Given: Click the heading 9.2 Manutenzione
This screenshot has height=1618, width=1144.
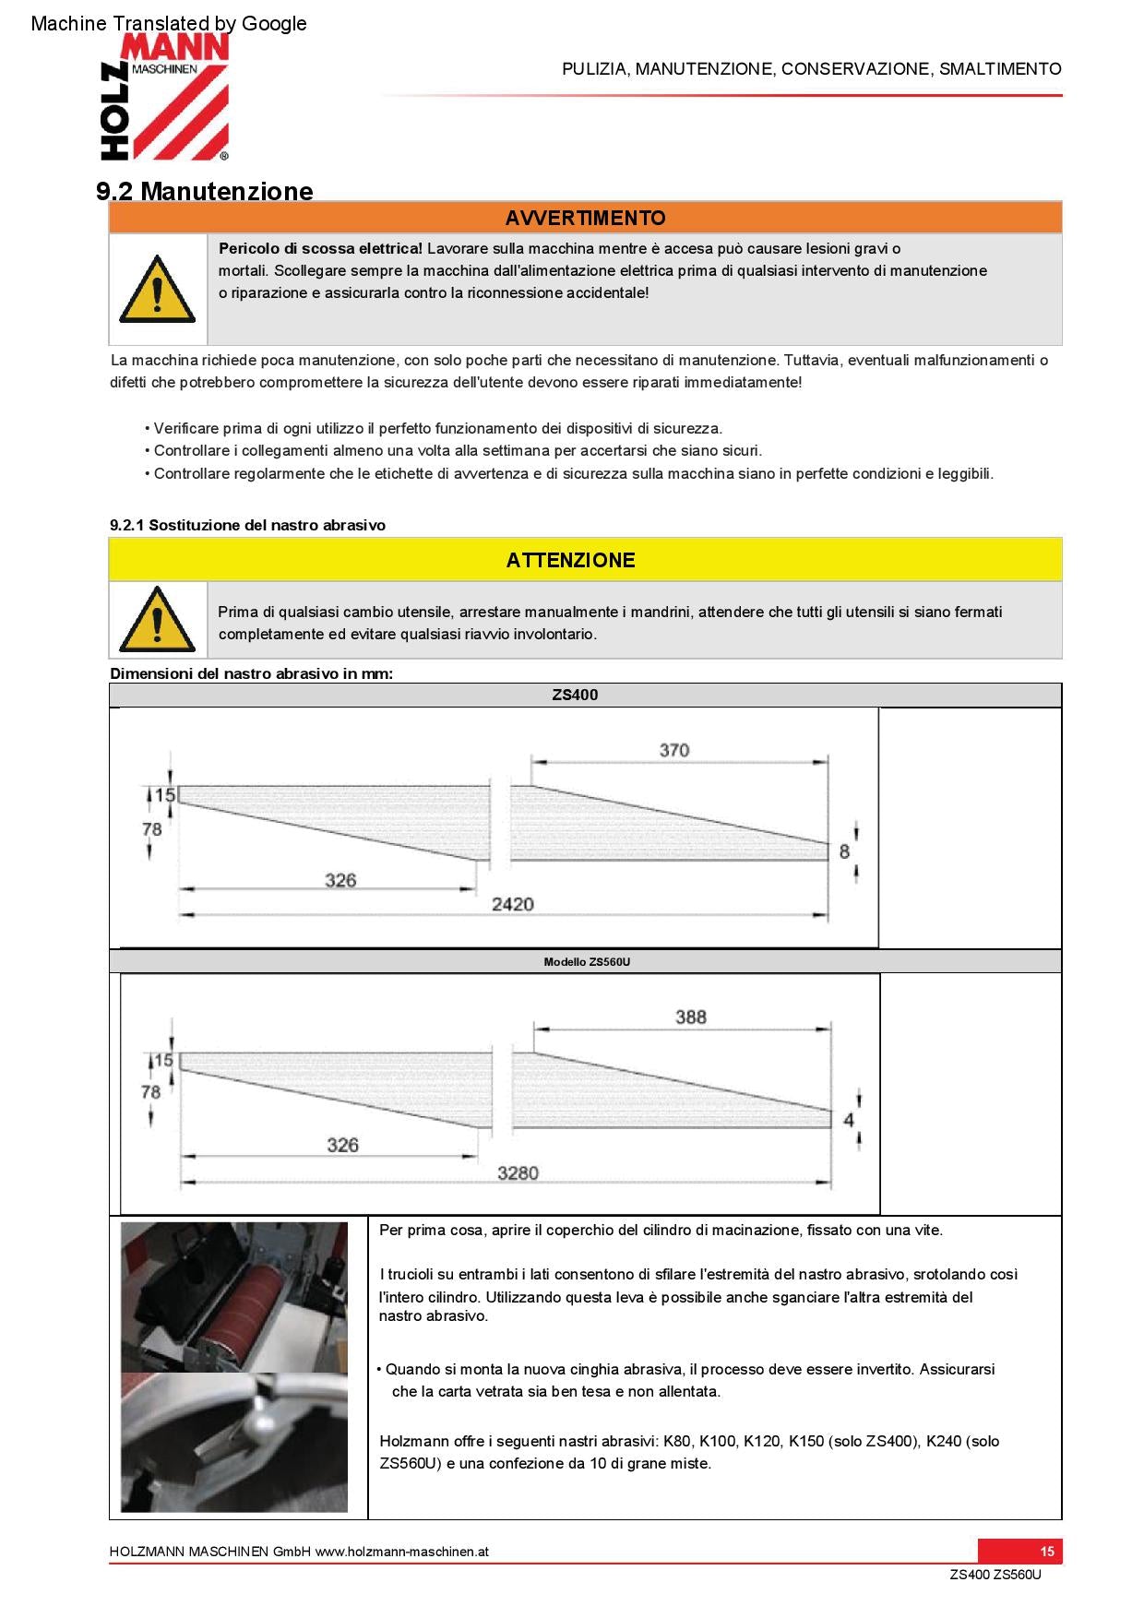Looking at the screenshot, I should [204, 191].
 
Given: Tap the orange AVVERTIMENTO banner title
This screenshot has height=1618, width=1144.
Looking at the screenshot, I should [585, 218].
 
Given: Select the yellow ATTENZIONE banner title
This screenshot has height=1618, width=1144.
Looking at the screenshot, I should [570, 560].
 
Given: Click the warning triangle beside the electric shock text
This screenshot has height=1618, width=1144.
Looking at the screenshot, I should [157, 289].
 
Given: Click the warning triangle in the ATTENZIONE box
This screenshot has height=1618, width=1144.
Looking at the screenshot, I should [157, 619].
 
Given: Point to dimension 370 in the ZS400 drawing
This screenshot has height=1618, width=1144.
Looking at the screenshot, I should [673, 750].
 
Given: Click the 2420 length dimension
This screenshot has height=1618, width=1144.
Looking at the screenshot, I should [512, 904].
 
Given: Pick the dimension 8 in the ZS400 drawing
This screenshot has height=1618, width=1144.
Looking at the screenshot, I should [844, 851].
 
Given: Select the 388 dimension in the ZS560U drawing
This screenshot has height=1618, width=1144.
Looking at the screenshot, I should [690, 1017].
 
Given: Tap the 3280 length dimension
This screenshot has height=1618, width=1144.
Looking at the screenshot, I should [518, 1173].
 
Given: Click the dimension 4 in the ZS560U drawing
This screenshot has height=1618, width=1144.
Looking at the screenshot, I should [849, 1120].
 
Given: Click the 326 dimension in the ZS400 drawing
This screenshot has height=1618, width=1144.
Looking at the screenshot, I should [340, 880].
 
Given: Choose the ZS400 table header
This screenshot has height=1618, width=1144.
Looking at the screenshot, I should [575, 696].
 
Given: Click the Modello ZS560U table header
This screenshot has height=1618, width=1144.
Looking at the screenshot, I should [587, 961].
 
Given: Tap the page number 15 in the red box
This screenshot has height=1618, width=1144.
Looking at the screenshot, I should [1046, 1551].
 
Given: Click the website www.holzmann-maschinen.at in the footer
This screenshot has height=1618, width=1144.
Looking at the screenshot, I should [401, 1552].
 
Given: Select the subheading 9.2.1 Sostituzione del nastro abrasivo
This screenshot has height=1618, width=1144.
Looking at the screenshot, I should [247, 525].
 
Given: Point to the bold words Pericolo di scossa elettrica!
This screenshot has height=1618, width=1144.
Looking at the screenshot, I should [320, 248].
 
